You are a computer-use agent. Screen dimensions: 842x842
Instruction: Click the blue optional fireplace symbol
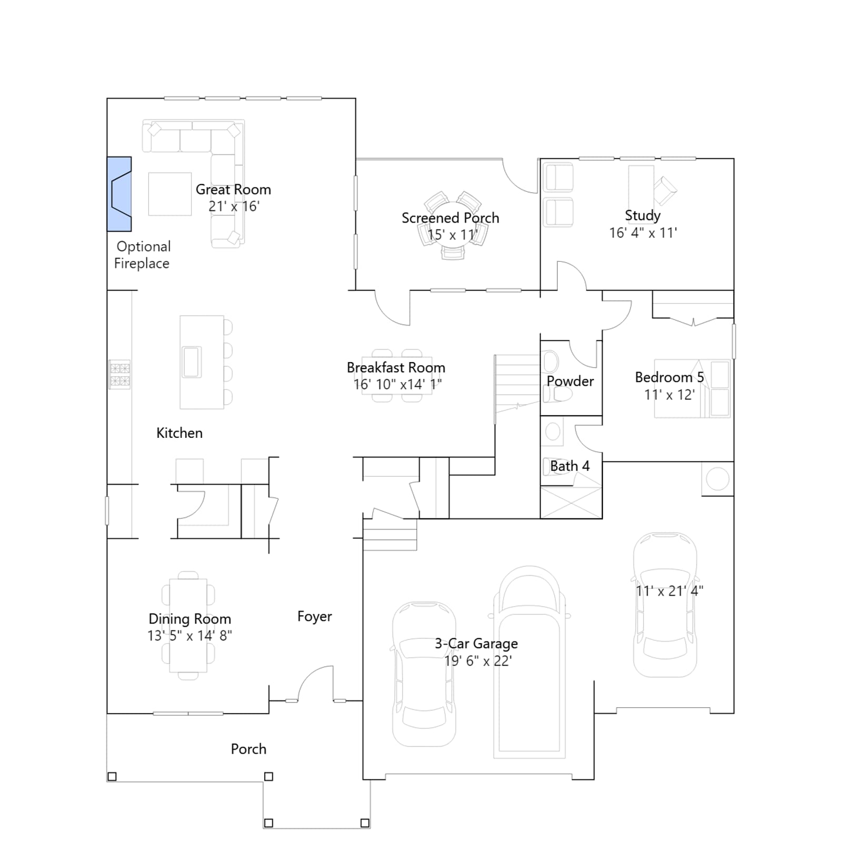pyautogui.click(x=119, y=194)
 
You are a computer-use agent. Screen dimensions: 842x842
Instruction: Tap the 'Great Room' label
pyautogui.click(x=233, y=189)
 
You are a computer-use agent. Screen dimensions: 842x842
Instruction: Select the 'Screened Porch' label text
pyautogui.click(x=450, y=218)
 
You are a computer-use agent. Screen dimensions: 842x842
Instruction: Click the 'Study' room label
pyautogui.click(x=643, y=215)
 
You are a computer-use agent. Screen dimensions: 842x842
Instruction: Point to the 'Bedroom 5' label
pyautogui.click(x=669, y=377)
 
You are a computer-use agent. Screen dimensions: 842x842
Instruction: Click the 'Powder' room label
pyautogui.click(x=570, y=381)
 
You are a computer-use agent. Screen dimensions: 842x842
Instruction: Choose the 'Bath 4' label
pyautogui.click(x=569, y=466)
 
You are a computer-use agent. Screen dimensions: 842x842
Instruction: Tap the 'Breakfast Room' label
pyautogui.click(x=396, y=367)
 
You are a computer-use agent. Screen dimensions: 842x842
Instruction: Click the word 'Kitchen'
pyautogui.click(x=179, y=433)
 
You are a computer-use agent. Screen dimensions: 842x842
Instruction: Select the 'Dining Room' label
pyautogui.click(x=190, y=619)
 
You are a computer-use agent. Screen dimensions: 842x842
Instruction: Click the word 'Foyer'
pyautogui.click(x=315, y=617)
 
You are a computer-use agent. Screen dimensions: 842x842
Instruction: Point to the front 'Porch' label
pyautogui.click(x=248, y=749)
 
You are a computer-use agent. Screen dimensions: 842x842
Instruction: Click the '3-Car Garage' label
pyautogui.click(x=476, y=644)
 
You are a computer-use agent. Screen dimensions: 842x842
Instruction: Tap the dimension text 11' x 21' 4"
pyautogui.click(x=669, y=591)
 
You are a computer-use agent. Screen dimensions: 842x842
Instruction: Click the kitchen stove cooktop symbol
pyautogui.click(x=119, y=375)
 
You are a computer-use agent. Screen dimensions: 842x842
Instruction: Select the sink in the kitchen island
pyautogui.click(x=192, y=362)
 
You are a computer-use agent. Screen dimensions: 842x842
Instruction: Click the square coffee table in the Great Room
pyautogui.click(x=169, y=194)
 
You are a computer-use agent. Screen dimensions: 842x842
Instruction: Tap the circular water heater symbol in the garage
pyautogui.click(x=717, y=479)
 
